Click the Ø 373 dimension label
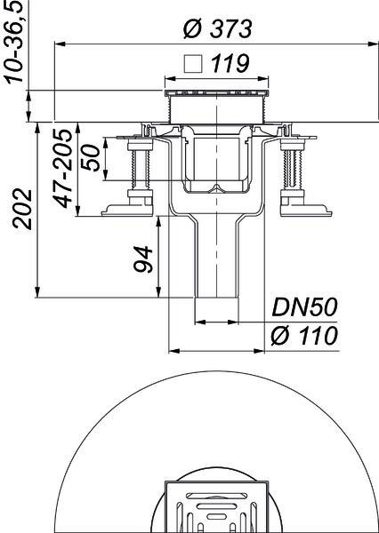218,28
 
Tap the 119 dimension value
230,63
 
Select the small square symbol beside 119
192,64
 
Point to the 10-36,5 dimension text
16,41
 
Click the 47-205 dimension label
64,168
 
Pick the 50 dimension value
92,158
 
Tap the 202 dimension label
22,209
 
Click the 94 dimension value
142,259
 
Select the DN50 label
304,307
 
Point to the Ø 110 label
304,336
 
